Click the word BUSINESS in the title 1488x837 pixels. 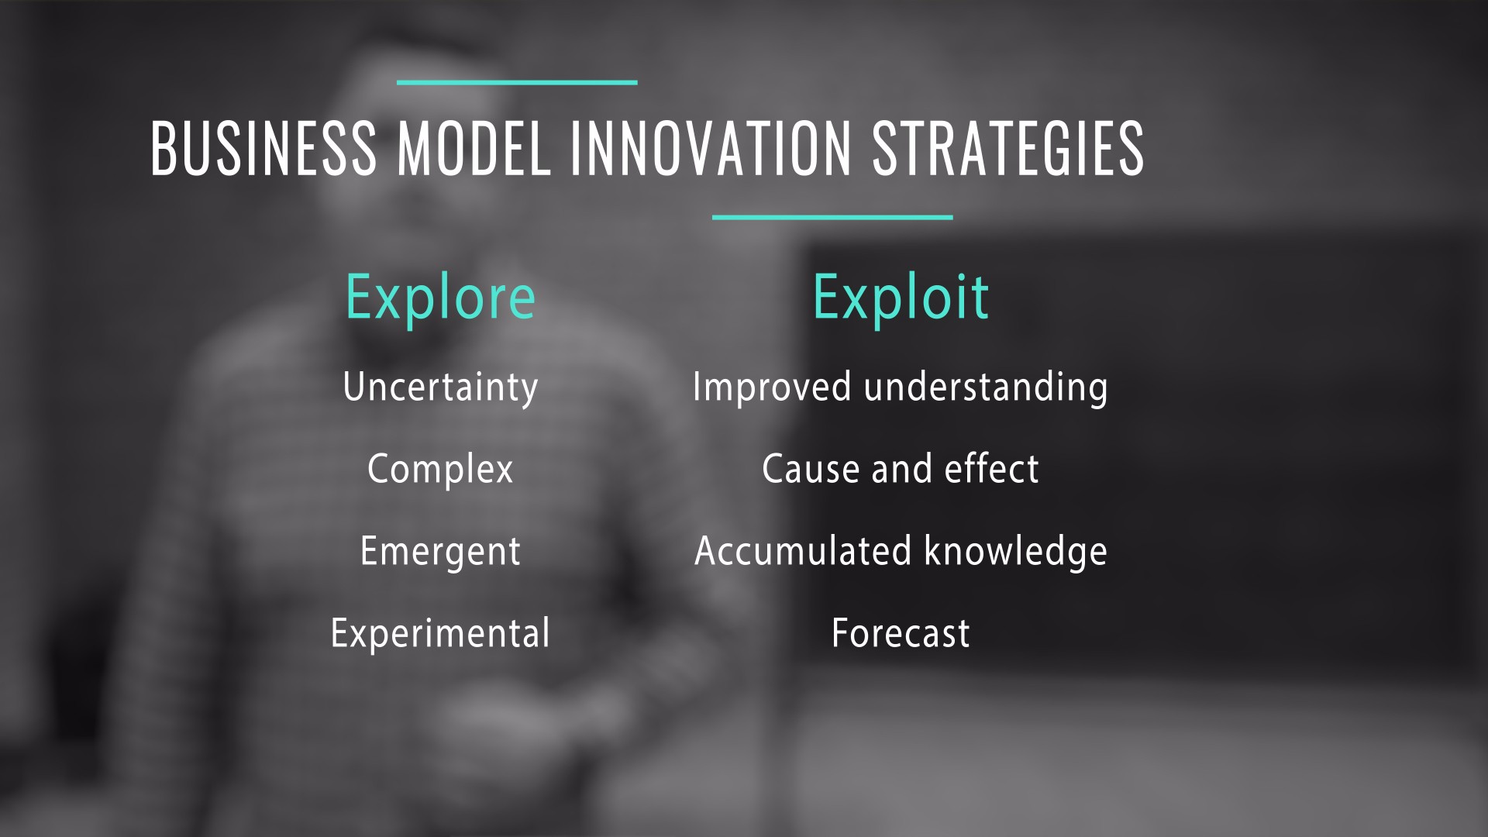tap(263, 147)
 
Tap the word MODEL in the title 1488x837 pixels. tap(474, 147)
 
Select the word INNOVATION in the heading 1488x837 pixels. tap(711, 147)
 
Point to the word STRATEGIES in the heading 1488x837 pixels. tap(1007, 147)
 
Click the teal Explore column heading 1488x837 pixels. tap(440, 298)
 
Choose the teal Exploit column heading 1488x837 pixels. tap(901, 297)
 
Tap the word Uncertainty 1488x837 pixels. tap(440, 387)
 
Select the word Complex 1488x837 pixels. tap(440, 470)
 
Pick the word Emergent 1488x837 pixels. tap(440, 552)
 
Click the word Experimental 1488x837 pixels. tap(440, 633)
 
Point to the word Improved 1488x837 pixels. tap(772, 387)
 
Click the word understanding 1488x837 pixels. tap(986, 387)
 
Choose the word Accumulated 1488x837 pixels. tap(803, 551)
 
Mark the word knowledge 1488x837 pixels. tap(1016, 552)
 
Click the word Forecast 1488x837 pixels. tap(901, 633)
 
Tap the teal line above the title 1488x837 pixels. tap(517, 82)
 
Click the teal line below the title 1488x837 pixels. tap(832, 217)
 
